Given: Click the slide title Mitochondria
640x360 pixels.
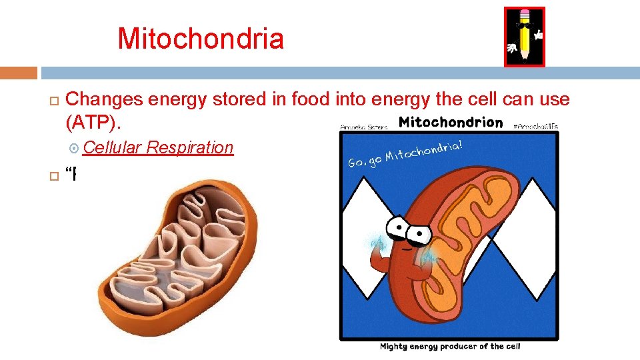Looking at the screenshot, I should [201, 39].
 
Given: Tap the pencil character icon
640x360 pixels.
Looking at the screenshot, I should [524, 37].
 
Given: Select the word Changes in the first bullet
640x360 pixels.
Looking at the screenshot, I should [105, 99].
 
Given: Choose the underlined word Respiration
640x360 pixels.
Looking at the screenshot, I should [190, 147].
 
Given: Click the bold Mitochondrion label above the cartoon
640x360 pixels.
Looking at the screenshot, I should [451, 122].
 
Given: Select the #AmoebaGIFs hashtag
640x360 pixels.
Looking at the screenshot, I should [536, 125].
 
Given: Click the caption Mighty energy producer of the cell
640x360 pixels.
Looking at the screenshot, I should [449, 346].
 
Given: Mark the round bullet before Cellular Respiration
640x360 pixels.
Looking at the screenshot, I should [74, 148].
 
